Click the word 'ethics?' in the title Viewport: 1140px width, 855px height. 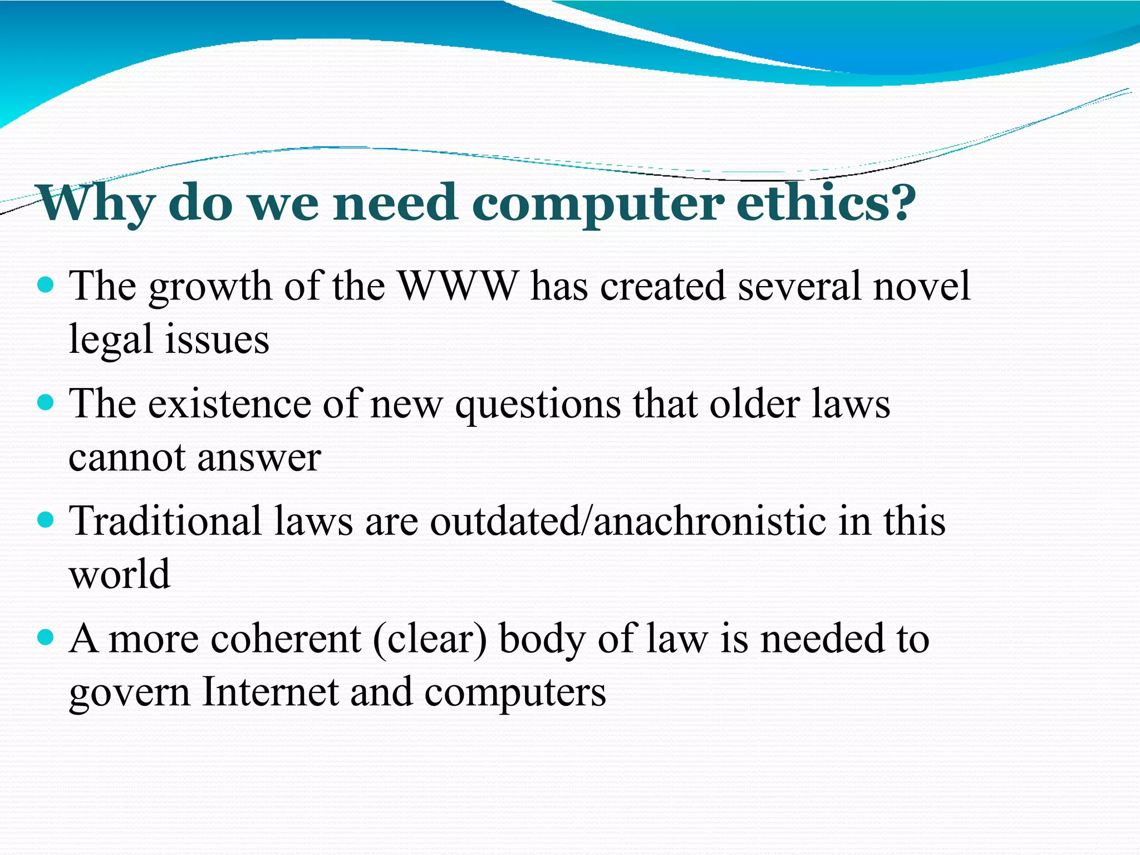[x=826, y=203]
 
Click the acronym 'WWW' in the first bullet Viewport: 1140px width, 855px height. [x=458, y=286]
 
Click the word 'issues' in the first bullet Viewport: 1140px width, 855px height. [x=218, y=340]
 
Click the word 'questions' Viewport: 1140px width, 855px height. [x=538, y=405]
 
